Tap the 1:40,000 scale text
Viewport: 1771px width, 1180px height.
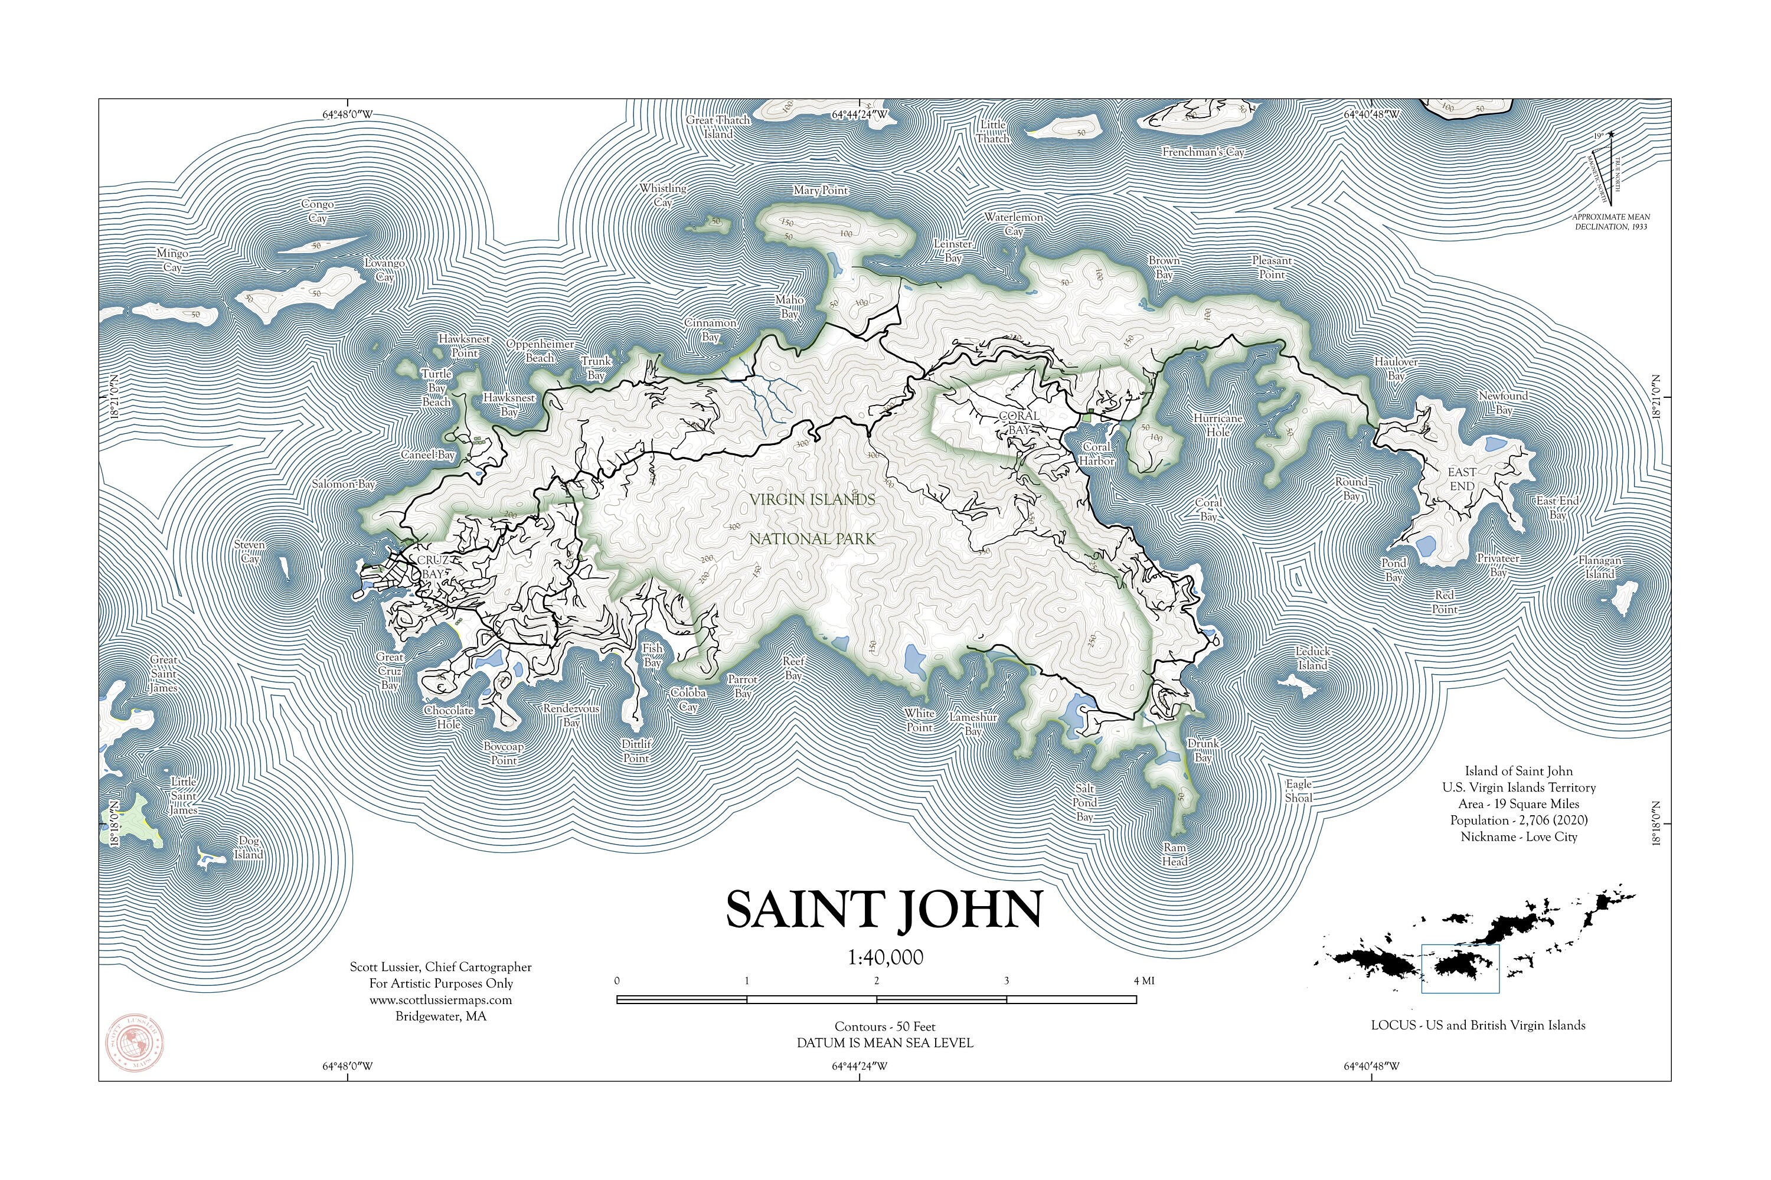[x=885, y=958]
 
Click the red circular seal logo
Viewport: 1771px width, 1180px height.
[x=134, y=1043]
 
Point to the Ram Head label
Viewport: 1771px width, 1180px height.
[x=1174, y=855]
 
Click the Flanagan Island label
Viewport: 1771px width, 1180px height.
[x=1600, y=567]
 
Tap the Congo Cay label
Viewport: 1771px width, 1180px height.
[x=318, y=211]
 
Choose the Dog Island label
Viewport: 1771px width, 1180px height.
[x=249, y=848]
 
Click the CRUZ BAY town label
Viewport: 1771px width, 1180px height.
[x=433, y=567]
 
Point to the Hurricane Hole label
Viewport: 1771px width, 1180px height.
[x=1217, y=425]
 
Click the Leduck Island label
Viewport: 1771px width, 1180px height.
[x=1312, y=659]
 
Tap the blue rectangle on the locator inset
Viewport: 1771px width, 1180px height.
[x=1459, y=969]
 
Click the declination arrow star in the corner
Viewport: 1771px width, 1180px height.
[x=1610, y=135]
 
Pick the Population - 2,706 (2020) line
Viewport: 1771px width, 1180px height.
[x=1518, y=821]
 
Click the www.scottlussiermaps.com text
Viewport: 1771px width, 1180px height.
[x=440, y=1000]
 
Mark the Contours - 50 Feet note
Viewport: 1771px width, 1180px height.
[x=884, y=1027]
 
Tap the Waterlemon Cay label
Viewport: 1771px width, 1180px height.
[x=1013, y=224]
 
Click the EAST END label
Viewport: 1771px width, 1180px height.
[x=1462, y=479]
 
